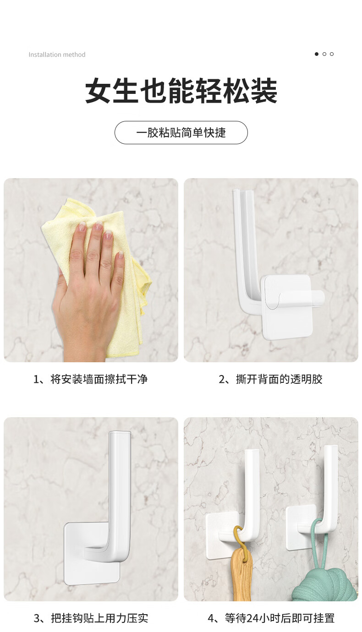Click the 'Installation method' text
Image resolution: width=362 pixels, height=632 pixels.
tap(57, 54)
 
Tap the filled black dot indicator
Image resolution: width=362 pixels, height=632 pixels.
tap(317, 54)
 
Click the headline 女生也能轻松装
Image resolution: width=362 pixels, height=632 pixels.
tap(181, 91)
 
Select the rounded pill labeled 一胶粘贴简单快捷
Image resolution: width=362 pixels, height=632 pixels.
tap(181, 133)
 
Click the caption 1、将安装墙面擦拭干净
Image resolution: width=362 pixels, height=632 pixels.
tap(91, 379)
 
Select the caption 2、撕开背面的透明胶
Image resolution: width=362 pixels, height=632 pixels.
tap(270, 379)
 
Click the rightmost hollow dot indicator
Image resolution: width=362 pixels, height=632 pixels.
tap(332, 54)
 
